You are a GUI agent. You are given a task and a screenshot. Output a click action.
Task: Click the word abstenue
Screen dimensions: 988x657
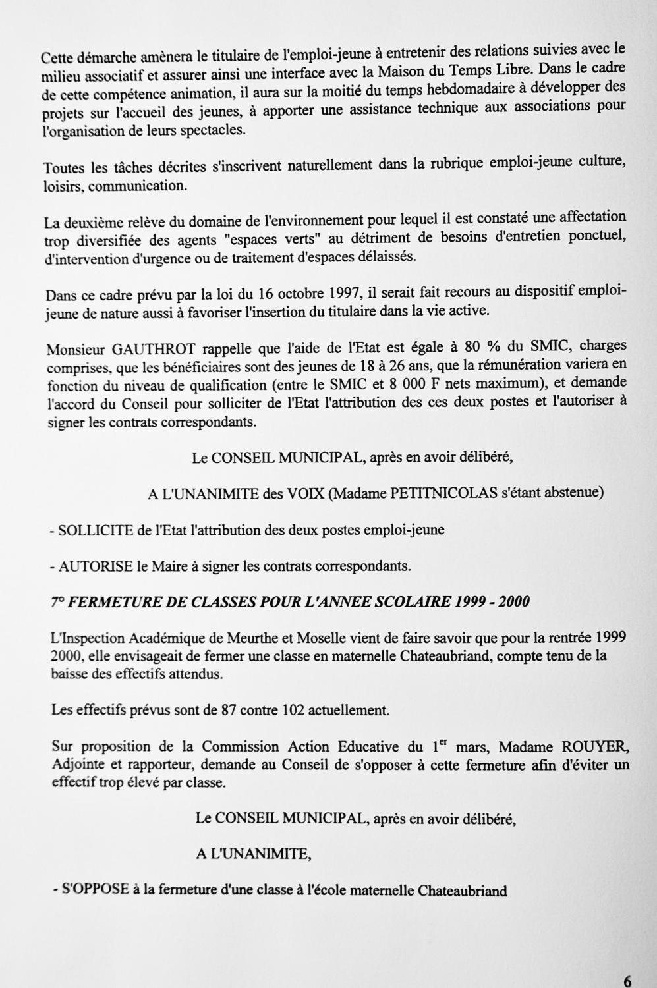573,493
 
